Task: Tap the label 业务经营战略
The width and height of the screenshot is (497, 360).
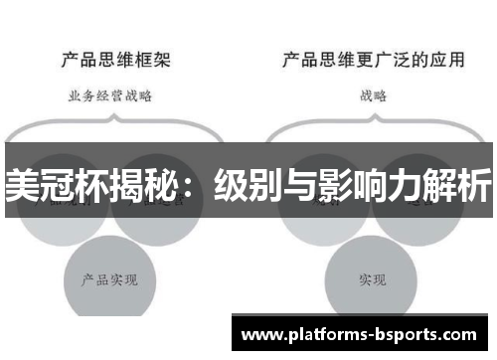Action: [110, 96]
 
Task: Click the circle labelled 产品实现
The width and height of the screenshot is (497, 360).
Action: [110, 278]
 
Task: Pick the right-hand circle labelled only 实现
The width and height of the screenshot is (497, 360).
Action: [373, 278]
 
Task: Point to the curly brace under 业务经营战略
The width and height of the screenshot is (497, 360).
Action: [110, 124]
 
